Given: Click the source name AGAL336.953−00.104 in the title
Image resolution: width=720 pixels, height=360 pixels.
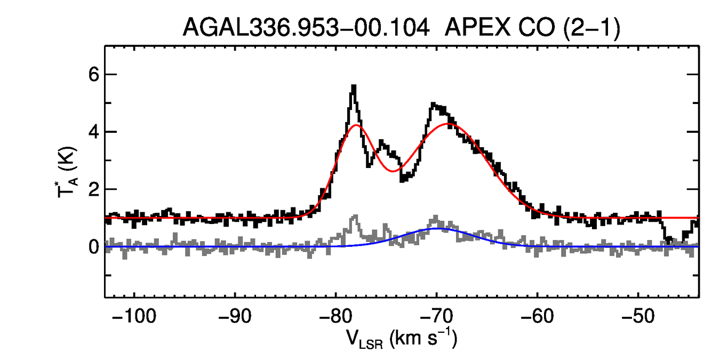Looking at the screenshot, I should pyautogui.click(x=306, y=27).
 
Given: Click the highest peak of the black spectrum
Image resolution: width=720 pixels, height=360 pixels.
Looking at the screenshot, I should pyautogui.click(x=353, y=86).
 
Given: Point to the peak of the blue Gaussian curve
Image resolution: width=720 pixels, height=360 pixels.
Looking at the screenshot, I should pyautogui.click(x=437, y=228).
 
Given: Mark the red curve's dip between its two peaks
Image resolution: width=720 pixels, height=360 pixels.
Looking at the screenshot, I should pyautogui.click(x=393, y=171).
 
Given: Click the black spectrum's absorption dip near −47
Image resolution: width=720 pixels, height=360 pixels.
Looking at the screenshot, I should pyautogui.click(x=668, y=242).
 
